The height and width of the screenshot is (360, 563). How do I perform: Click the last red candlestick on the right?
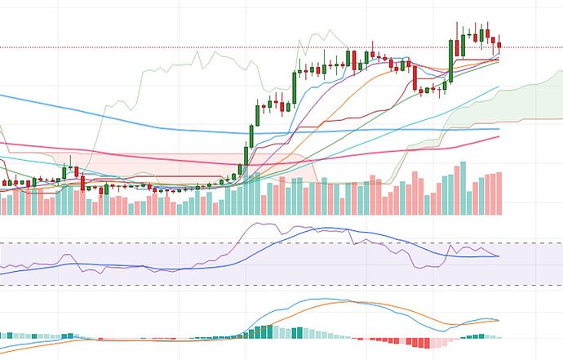tap(499, 47)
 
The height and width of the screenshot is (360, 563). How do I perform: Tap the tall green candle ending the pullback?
tap(450, 61)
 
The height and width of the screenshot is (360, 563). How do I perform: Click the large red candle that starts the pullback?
tap(414, 78)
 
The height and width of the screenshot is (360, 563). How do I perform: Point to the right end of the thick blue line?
tap(499, 128)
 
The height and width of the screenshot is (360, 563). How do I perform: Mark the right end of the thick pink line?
tap(499, 136)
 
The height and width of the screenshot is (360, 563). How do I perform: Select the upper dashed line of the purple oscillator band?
tap(245, 242)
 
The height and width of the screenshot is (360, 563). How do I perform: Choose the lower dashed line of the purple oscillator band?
tap(245, 285)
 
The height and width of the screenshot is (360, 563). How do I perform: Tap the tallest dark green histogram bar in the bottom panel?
tap(268, 331)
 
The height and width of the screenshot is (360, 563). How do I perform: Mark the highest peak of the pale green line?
tap(330, 31)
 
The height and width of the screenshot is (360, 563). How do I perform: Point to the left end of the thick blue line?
tap(2, 96)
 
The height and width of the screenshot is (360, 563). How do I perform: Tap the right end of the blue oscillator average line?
tap(499, 256)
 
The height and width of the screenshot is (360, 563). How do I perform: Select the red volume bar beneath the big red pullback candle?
tap(414, 193)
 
